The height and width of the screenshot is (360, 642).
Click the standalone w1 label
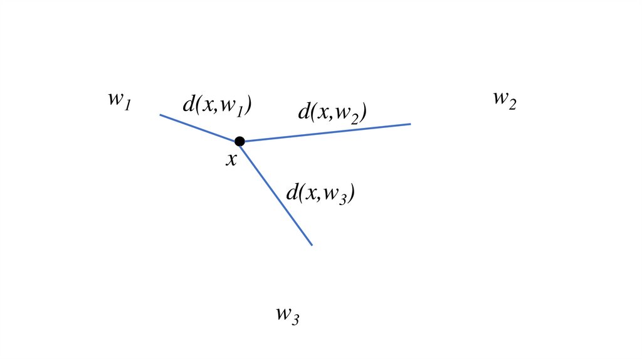[118, 100]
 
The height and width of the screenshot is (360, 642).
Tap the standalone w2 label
[504, 100]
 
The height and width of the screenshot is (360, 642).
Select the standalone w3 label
[287, 314]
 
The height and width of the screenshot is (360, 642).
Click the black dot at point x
[239, 141]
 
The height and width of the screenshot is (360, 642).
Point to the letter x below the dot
[231, 160]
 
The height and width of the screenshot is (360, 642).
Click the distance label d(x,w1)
[217, 105]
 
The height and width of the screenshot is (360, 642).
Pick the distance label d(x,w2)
[332, 113]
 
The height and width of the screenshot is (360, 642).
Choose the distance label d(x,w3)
[321, 193]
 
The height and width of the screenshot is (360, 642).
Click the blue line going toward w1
[199, 128]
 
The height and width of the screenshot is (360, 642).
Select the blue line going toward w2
[326, 132]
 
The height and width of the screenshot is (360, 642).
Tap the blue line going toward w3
[276, 193]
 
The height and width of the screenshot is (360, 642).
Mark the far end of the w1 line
[160, 115]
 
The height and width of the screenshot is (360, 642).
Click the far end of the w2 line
[410, 124]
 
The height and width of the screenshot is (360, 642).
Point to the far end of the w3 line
[312, 245]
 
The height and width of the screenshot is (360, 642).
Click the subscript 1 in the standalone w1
[127, 105]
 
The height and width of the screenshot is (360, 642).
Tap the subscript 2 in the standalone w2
[512, 105]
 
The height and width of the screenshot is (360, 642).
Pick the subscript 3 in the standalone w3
[295, 319]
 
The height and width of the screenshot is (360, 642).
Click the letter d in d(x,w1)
[188, 104]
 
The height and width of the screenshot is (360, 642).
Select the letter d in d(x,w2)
[303, 112]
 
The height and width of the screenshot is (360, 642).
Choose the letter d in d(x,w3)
[292, 192]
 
